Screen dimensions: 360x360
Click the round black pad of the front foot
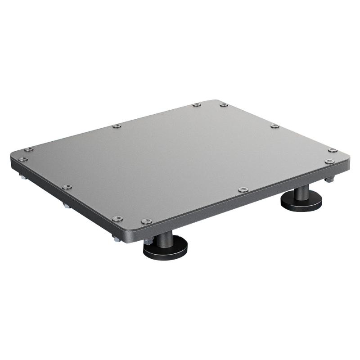tap(166, 249)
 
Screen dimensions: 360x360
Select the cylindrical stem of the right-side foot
tap(301, 192)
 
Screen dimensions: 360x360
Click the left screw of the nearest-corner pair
tap(117, 219)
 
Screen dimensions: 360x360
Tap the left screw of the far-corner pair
tap(197, 105)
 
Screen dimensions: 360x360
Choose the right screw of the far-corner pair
tap(224, 105)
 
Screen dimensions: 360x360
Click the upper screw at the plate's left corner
tap(29, 149)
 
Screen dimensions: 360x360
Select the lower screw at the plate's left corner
tap(22, 159)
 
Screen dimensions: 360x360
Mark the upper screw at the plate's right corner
tap(332, 150)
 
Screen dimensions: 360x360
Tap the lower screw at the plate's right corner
tap(329, 161)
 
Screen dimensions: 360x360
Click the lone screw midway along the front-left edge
tap(67, 187)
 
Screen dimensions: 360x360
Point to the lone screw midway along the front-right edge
tap(243, 189)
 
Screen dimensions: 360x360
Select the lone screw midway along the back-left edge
tap(117, 126)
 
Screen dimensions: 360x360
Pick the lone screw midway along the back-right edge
tap(274, 126)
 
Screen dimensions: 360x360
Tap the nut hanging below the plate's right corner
tap(329, 180)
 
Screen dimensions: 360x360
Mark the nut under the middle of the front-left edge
tap(67, 206)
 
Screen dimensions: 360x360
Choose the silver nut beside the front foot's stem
tap(148, 241)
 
